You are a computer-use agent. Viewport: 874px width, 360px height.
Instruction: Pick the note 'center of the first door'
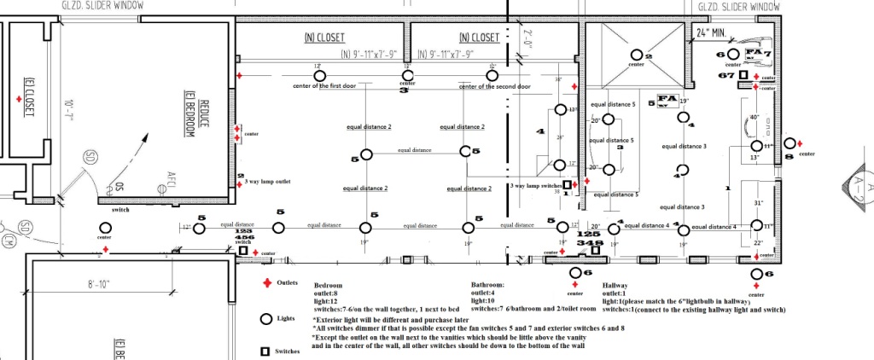[328, 87]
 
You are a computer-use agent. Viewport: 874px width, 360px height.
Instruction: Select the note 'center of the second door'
[494, 87]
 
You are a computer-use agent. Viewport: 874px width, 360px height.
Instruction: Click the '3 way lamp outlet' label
[271, 183]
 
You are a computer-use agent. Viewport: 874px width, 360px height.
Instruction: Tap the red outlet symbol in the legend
[265, 282]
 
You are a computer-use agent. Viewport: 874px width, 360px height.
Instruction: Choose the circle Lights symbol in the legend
[265, 319]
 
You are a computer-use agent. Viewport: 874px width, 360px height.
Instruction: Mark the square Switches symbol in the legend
[265, 351]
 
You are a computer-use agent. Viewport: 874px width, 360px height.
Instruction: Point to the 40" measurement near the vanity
[754, 118]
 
